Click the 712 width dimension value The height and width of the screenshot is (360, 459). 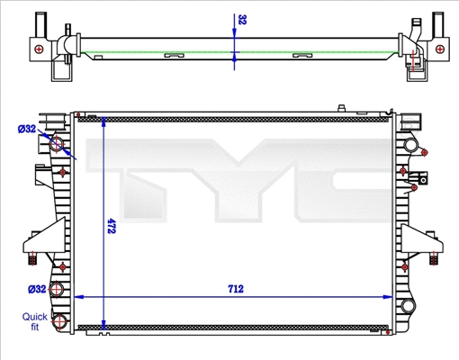237,289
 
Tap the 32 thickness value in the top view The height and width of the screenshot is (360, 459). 242,19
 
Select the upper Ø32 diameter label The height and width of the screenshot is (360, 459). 27,129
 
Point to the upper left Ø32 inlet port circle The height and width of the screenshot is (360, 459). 58,144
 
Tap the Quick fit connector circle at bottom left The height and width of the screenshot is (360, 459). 59,321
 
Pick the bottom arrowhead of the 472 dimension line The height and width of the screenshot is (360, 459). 105,326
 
